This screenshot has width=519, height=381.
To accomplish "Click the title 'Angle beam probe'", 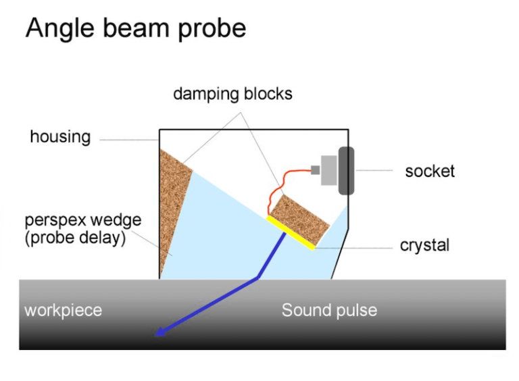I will coord(135,28).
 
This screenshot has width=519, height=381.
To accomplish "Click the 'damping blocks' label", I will coord(232,94).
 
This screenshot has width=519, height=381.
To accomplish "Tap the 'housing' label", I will coord(60,137).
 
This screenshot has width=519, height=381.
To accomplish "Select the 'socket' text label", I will coord(430,171).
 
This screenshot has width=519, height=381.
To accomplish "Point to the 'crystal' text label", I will coord(424,246).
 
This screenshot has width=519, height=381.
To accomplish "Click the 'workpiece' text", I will coord(63,311).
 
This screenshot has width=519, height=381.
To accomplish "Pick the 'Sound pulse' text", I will coord(329,311).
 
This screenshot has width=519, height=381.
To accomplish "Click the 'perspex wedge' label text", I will coord(83,220).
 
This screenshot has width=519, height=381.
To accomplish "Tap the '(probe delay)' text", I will coord(75,238).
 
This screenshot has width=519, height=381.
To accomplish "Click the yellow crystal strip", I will coord(291,233).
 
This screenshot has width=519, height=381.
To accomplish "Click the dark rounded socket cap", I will coord(346,170).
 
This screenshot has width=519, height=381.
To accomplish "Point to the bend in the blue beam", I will coord(257,278).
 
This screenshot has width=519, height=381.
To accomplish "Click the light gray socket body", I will coord(329,170).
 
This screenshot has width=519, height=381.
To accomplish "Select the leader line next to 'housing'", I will coord(128,140).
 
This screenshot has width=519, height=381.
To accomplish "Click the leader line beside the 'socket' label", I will coord(374,171).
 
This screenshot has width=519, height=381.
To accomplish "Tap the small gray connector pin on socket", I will coord(315,170).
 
